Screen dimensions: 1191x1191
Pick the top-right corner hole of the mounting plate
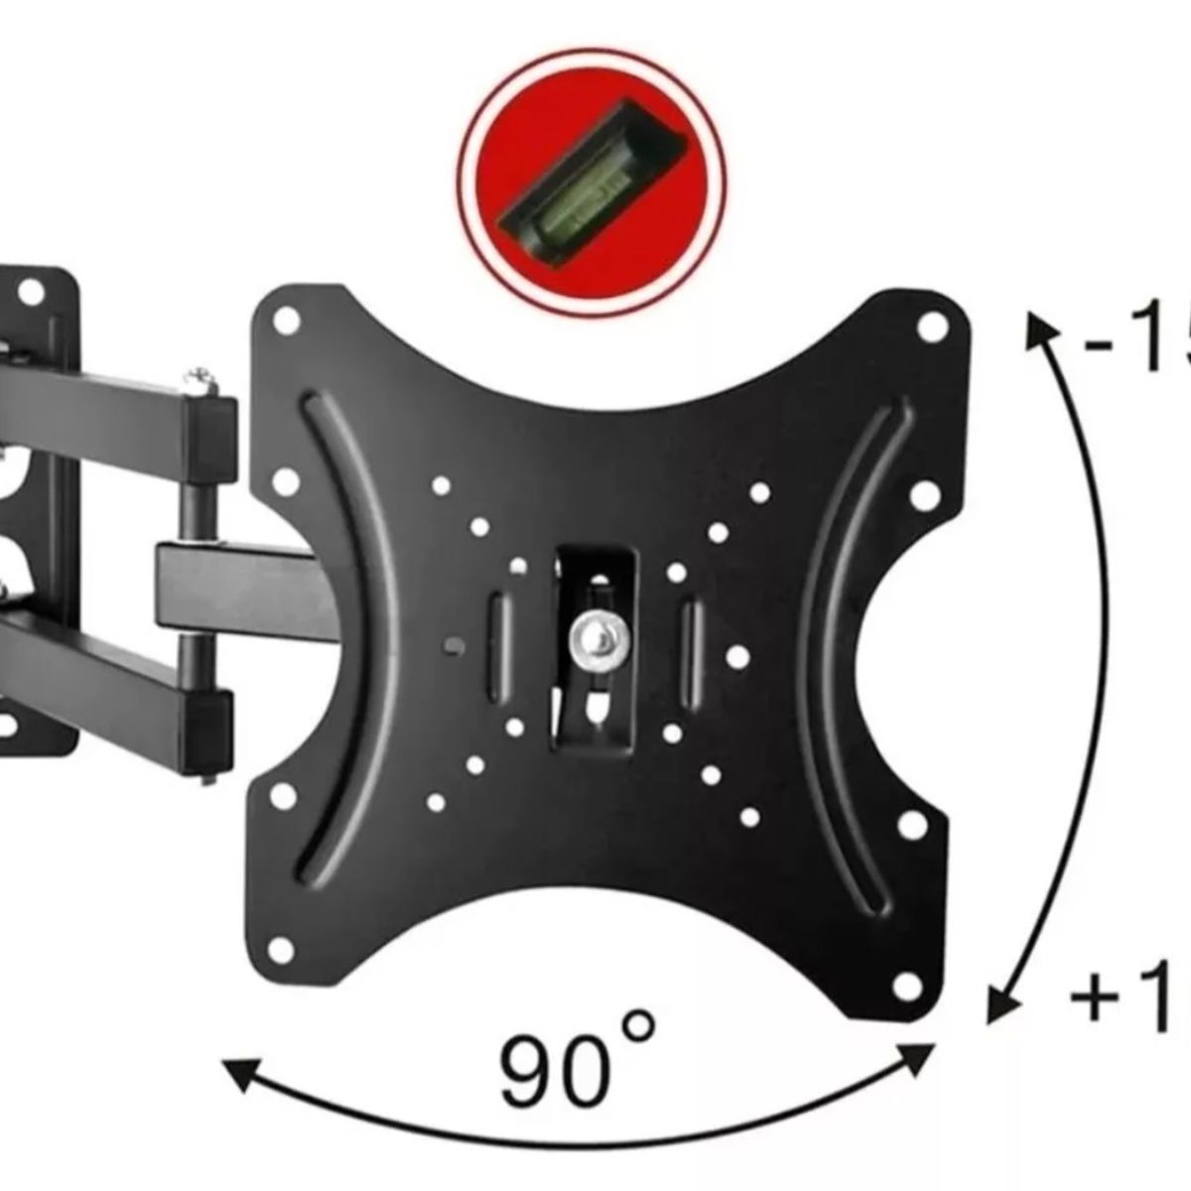pos(930,326)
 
